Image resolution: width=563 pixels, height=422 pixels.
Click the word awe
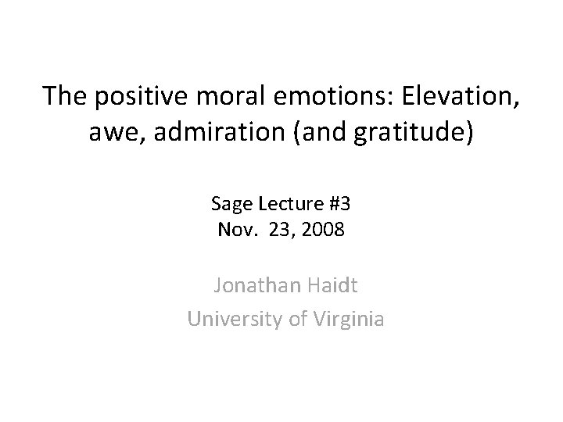[x=134, y=131]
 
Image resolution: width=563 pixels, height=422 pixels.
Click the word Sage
[x=228, y=206]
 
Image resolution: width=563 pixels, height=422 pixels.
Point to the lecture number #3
[x=339, y=206]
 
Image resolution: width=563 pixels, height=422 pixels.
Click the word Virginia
[x=346, y=319]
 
